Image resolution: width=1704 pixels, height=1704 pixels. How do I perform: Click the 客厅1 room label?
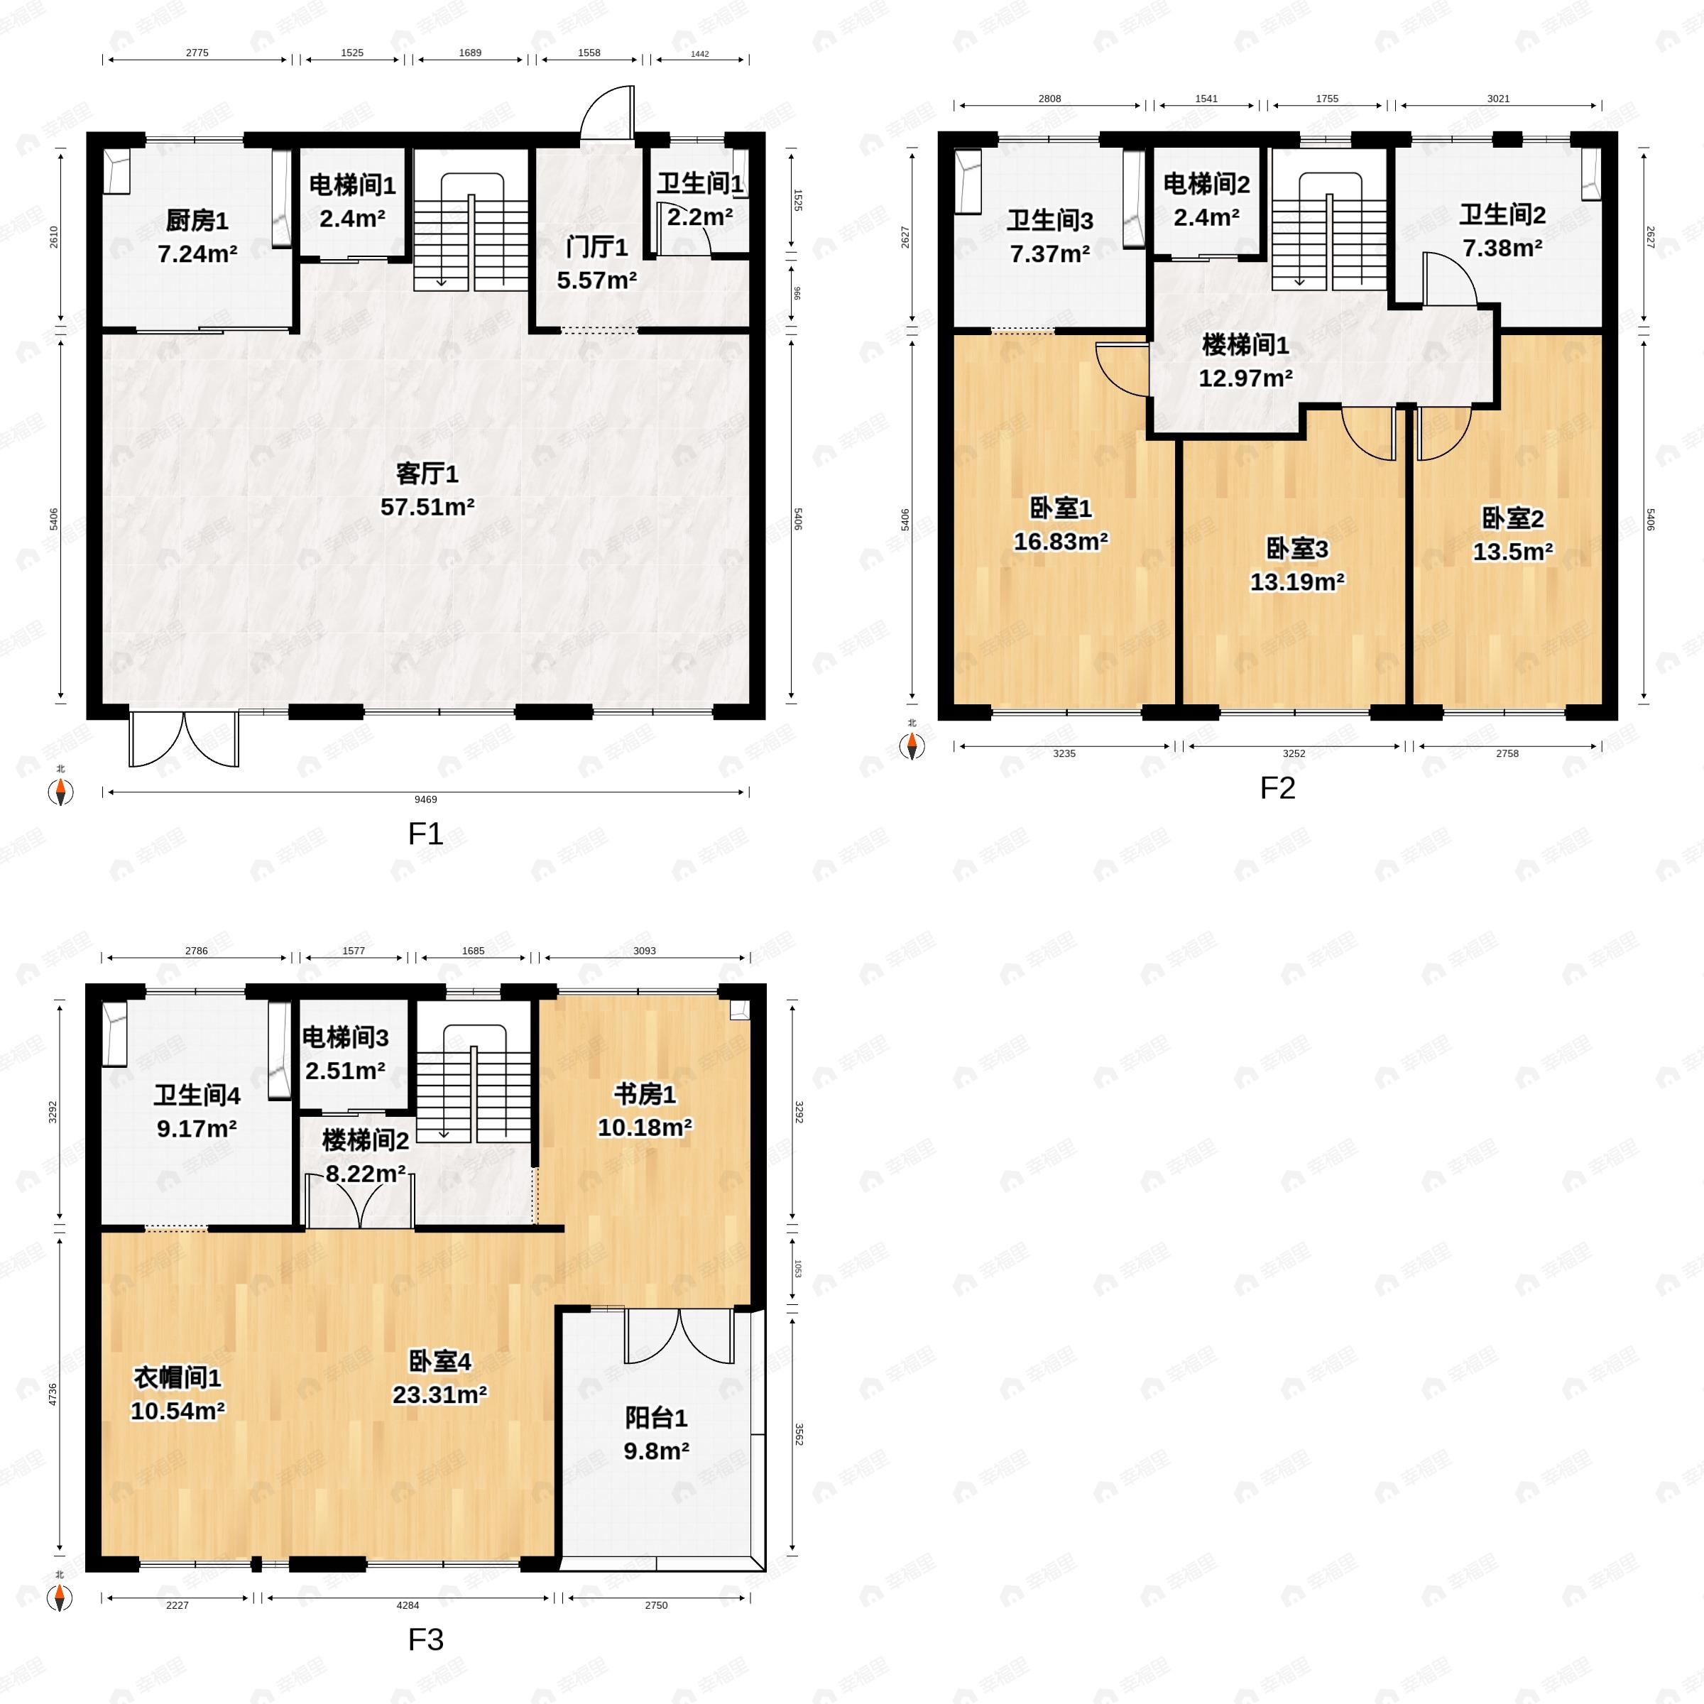(427, 474)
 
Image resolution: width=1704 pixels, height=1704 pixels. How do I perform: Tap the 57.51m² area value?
(427, 507)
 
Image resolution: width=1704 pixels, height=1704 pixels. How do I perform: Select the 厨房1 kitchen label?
(197, 221)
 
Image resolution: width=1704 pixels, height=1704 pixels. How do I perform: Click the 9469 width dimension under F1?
(425, 799)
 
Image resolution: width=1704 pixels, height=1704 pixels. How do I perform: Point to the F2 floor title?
(1277, 787)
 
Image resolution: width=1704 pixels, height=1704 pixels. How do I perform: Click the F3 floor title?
(425, 1639)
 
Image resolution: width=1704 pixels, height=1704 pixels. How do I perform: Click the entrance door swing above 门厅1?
(607, 113)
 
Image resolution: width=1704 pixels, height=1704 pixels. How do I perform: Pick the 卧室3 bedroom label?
(1296, 549)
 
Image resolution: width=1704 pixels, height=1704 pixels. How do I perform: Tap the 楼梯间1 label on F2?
(1245, 345)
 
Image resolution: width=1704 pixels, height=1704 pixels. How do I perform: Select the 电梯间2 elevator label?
(1206, 185)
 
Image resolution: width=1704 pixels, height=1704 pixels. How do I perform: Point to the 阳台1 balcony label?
(655, 1419)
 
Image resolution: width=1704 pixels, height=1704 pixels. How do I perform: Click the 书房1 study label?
(645, 1095)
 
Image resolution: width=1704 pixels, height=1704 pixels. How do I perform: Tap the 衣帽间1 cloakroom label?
(177, 1377)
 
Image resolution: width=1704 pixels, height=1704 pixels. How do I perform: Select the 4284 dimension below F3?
(408, 1605)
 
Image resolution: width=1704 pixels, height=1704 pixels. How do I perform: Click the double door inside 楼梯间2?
(359, 1201)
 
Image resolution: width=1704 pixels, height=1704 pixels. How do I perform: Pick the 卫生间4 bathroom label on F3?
(197, 1096)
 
